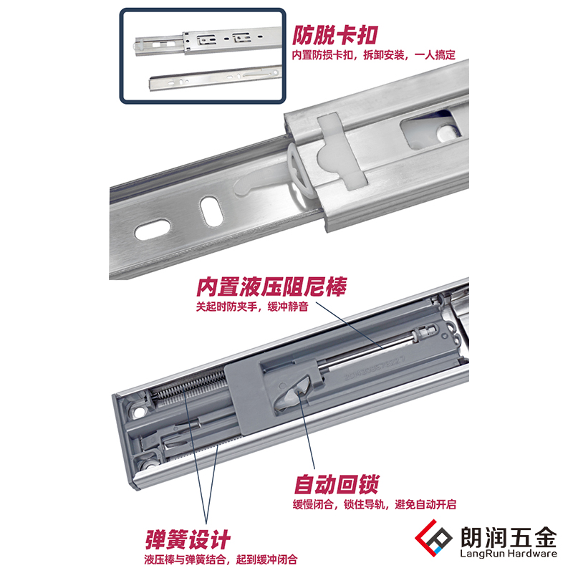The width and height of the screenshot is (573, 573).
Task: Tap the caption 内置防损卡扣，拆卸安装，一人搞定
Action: pyautogui.click(x=373, y=55)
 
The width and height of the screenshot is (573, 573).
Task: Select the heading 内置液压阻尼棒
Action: pyautogui.click(x=271, y=287)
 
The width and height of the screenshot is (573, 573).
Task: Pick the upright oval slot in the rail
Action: pyautogui.click(x=209, y=211)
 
